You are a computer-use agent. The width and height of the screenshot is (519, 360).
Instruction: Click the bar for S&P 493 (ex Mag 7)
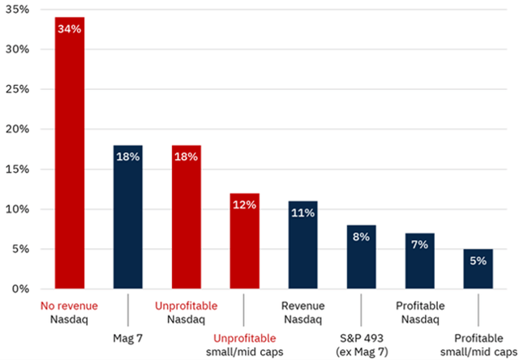tap(361, 256)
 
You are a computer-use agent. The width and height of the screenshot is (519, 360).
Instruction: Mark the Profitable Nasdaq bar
tap(419, 260)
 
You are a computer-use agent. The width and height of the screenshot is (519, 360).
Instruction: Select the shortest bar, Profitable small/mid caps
tap(478, 268)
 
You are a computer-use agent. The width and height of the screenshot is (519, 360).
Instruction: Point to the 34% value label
tap(69, 29)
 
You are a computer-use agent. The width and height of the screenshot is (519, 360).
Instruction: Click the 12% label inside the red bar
tap(244, 205)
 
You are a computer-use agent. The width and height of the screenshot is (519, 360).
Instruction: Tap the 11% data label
tap(302, 213)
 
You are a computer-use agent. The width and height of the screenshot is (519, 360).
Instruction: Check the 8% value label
tap(361, 237)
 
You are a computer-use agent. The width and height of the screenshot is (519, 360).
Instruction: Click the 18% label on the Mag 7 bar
tap(127, 157)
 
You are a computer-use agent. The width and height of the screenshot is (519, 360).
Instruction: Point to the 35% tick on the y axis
tap(17, 10)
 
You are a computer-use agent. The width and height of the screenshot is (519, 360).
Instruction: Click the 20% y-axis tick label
tap(17, 129)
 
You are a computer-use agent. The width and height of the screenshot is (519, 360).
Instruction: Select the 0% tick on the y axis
tap(20, 289)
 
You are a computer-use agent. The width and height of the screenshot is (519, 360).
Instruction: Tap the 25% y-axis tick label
tap(17, 89)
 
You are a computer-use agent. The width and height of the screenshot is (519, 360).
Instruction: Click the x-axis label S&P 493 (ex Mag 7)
tap(362, 342)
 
